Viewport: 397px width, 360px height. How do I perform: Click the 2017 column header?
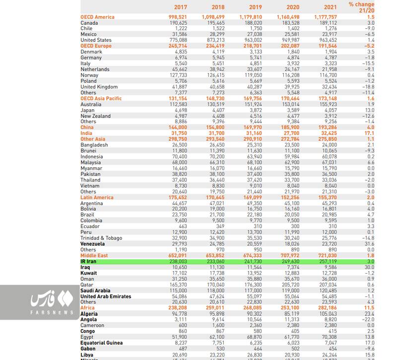tap(180, 7)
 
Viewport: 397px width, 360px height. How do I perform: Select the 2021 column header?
tap(330, 7)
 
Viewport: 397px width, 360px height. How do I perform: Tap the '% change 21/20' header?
tap(361, 7)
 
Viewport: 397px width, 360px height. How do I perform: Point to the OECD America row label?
tap(97, 17)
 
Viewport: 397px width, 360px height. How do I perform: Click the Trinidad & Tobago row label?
tap(101, 238)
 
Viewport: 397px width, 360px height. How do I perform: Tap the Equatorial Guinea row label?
tap(102, 343)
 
